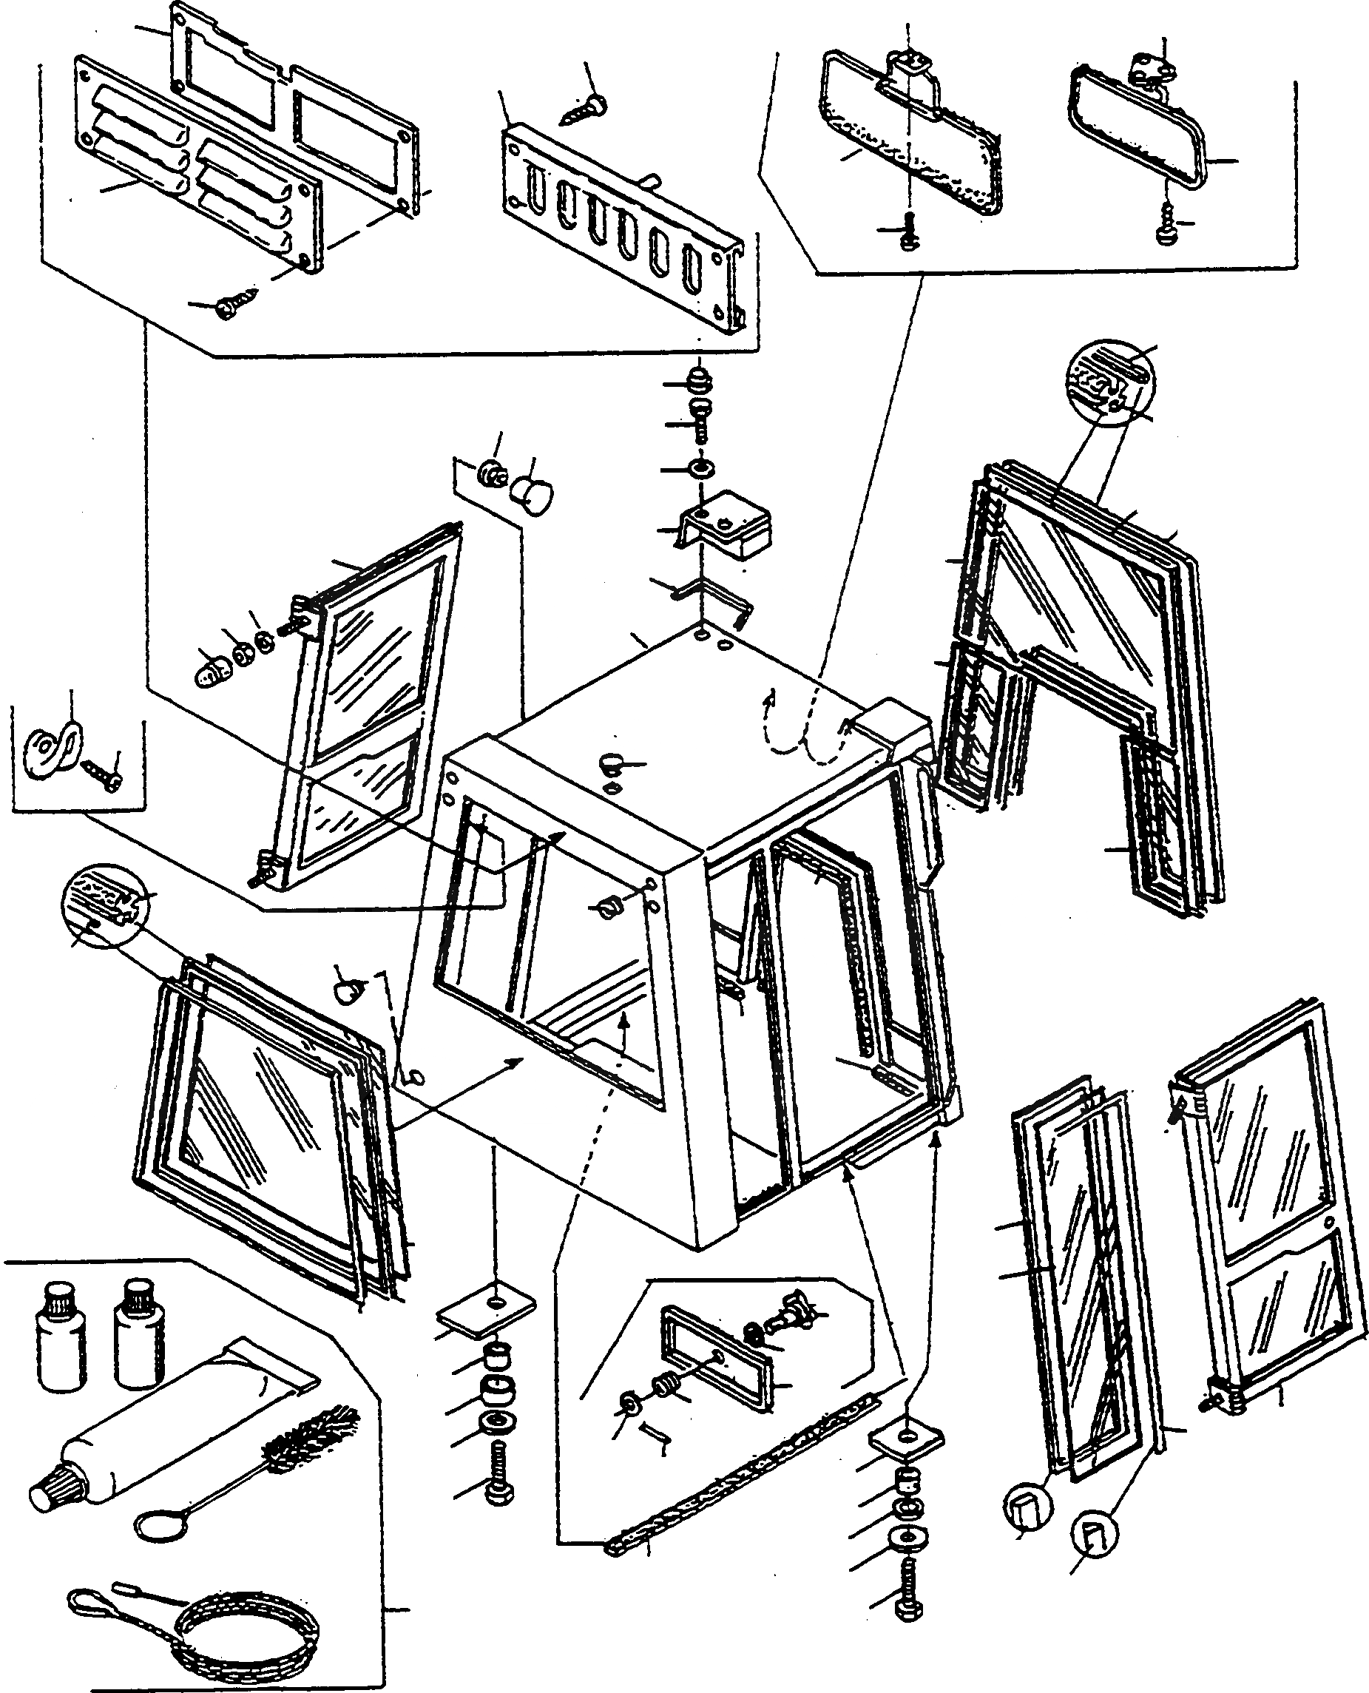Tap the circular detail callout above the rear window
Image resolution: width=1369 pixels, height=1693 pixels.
pos(1109,382)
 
